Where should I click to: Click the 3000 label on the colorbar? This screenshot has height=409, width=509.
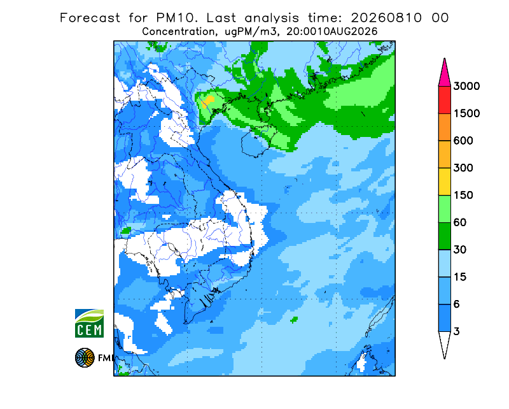click(x=466, y=86)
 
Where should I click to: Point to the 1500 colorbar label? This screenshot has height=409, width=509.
click(x=466, y=113)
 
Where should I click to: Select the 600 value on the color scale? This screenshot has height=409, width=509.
click(x=463, y=140)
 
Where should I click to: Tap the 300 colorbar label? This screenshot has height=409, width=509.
click(x=463, y=168)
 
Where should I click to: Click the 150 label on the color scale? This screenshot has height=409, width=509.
click(x=463, y=195)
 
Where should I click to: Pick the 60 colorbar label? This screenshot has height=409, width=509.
click(x=460, y=222)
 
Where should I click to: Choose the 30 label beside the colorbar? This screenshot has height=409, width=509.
click(x=460, y=250)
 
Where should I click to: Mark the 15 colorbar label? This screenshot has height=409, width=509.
click(x=460, y=277)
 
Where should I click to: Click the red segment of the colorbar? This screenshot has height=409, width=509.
click(x=444, y=100)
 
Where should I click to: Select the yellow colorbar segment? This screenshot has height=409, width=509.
click(x=444, y=182)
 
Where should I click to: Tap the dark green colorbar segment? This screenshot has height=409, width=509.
click(x=444, y=236)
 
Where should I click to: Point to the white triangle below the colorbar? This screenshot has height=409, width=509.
click(x=444, y=343)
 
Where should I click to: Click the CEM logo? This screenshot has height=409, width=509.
click(x=89, y=324)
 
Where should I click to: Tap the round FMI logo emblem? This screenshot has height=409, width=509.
click(x=85, y=357)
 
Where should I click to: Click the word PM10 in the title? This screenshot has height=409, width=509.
click(x=176, y=18)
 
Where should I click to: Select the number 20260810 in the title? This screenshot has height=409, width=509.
click(x=387, y=18)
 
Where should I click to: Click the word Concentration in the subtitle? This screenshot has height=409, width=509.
click(x=178, y=32)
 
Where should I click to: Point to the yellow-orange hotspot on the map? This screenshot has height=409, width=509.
click(x=208, y=102)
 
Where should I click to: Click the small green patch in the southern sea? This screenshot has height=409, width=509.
click(x=294, y=320)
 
